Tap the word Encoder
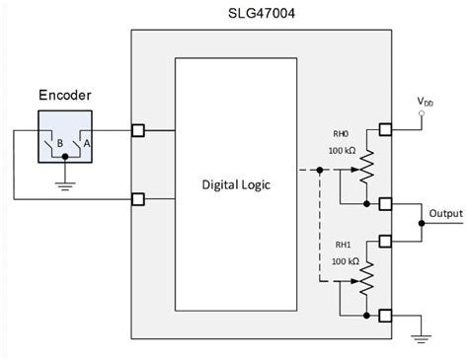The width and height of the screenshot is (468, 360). click(65, 96)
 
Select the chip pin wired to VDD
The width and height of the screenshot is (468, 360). click(386, 128)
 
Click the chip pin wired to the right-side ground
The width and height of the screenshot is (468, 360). click(386, 316)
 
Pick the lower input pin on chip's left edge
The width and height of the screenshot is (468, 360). click(138, 199)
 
